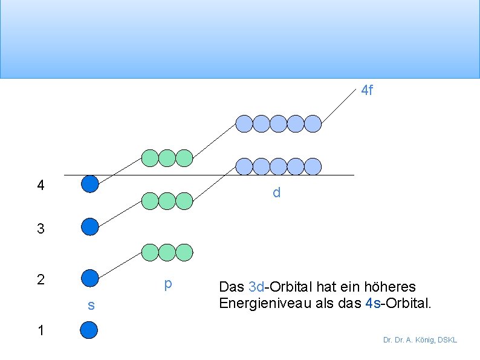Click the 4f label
[x=367, y=91]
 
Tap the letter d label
[x=276, y=193]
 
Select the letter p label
[x=168, y=284]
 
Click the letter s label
[x=91, y=306]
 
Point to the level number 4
[x=41, y=185]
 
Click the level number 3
[x=41, y=229]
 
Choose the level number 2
[x=41, y=280]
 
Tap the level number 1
[x=41, y=330]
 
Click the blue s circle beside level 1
[x=89, y=330]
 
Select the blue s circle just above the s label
[x=89, y=278]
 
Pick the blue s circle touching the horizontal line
[x=89, y=183]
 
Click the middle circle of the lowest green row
[x=167, y=252]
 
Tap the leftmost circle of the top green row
[x=149, y=158]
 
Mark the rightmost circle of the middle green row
[x=184, y=200]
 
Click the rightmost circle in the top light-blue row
[x=313, y=123]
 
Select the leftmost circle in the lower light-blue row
[x=244, y=166]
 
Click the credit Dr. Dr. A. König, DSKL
[x=420, y=340]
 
